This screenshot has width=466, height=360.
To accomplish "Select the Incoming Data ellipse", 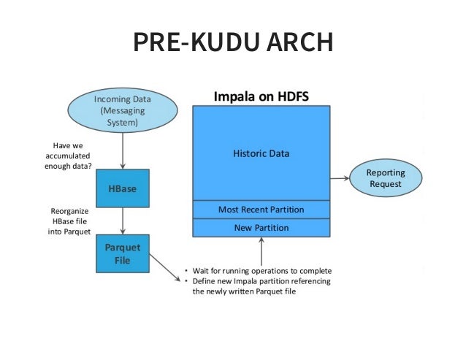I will pyautogui.click(x=122, y=111).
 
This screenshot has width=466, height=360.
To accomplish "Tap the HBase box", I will pyautogui.click(x=122, y=188).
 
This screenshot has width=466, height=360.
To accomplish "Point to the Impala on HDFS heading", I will pyautogui.click(x=261, y=96).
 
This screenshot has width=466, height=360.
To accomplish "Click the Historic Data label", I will pyautogui.click(x=261, y=153).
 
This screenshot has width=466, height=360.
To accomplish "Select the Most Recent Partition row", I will pyautogui.click(x=261, y=210).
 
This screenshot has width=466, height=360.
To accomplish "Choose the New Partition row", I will pyautogui.click(x=261, y=228).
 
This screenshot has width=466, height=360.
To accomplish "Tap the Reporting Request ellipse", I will pyautogui.click(x=385, y=178).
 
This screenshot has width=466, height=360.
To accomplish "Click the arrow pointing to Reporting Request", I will pyautogui.click(x=341, y=177).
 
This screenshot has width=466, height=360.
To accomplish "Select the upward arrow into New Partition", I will pyautogui.click(x=261, y=252).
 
